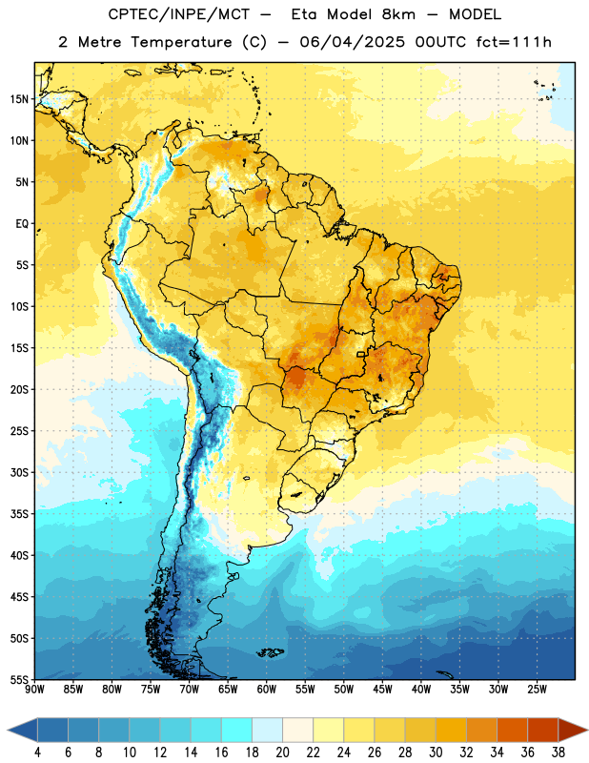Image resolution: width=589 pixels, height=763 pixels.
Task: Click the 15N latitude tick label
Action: tap(19, 99)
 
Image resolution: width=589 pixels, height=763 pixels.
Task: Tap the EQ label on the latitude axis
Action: tap(22, 224)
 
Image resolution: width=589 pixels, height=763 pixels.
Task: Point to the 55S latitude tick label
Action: tap(19, 679)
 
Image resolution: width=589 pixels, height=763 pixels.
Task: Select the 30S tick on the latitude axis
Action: tap(19, 472)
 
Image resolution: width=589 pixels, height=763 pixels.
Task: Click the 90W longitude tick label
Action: tap(34, 689)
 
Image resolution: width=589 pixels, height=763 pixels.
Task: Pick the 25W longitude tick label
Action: tap(537, 689)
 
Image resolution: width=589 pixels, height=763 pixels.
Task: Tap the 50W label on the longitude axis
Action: tap(344, 689)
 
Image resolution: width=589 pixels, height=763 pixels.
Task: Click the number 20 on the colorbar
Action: tap(282, 753)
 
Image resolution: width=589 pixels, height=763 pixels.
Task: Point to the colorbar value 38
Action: tap(558, 753)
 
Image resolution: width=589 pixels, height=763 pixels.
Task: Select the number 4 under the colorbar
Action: tap(37, 753)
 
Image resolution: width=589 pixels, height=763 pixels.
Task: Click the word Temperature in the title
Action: tap(181, 42)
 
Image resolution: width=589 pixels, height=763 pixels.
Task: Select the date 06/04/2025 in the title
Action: tap(352, 42)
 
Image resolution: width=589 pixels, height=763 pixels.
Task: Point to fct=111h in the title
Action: tap(514, 42)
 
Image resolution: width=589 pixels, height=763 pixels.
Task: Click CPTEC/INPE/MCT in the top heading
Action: tap(178, 14)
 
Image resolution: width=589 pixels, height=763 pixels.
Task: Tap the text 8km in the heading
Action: tap(398, 14)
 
